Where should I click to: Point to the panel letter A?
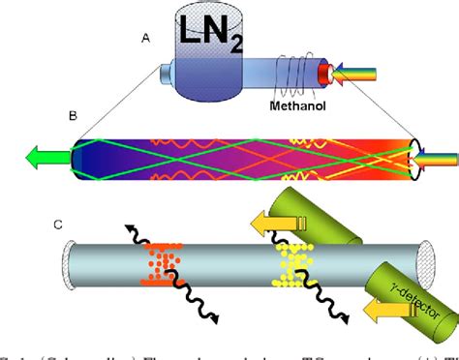(x=145, y=41)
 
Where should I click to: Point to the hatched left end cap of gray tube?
(x=65, y=261)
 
